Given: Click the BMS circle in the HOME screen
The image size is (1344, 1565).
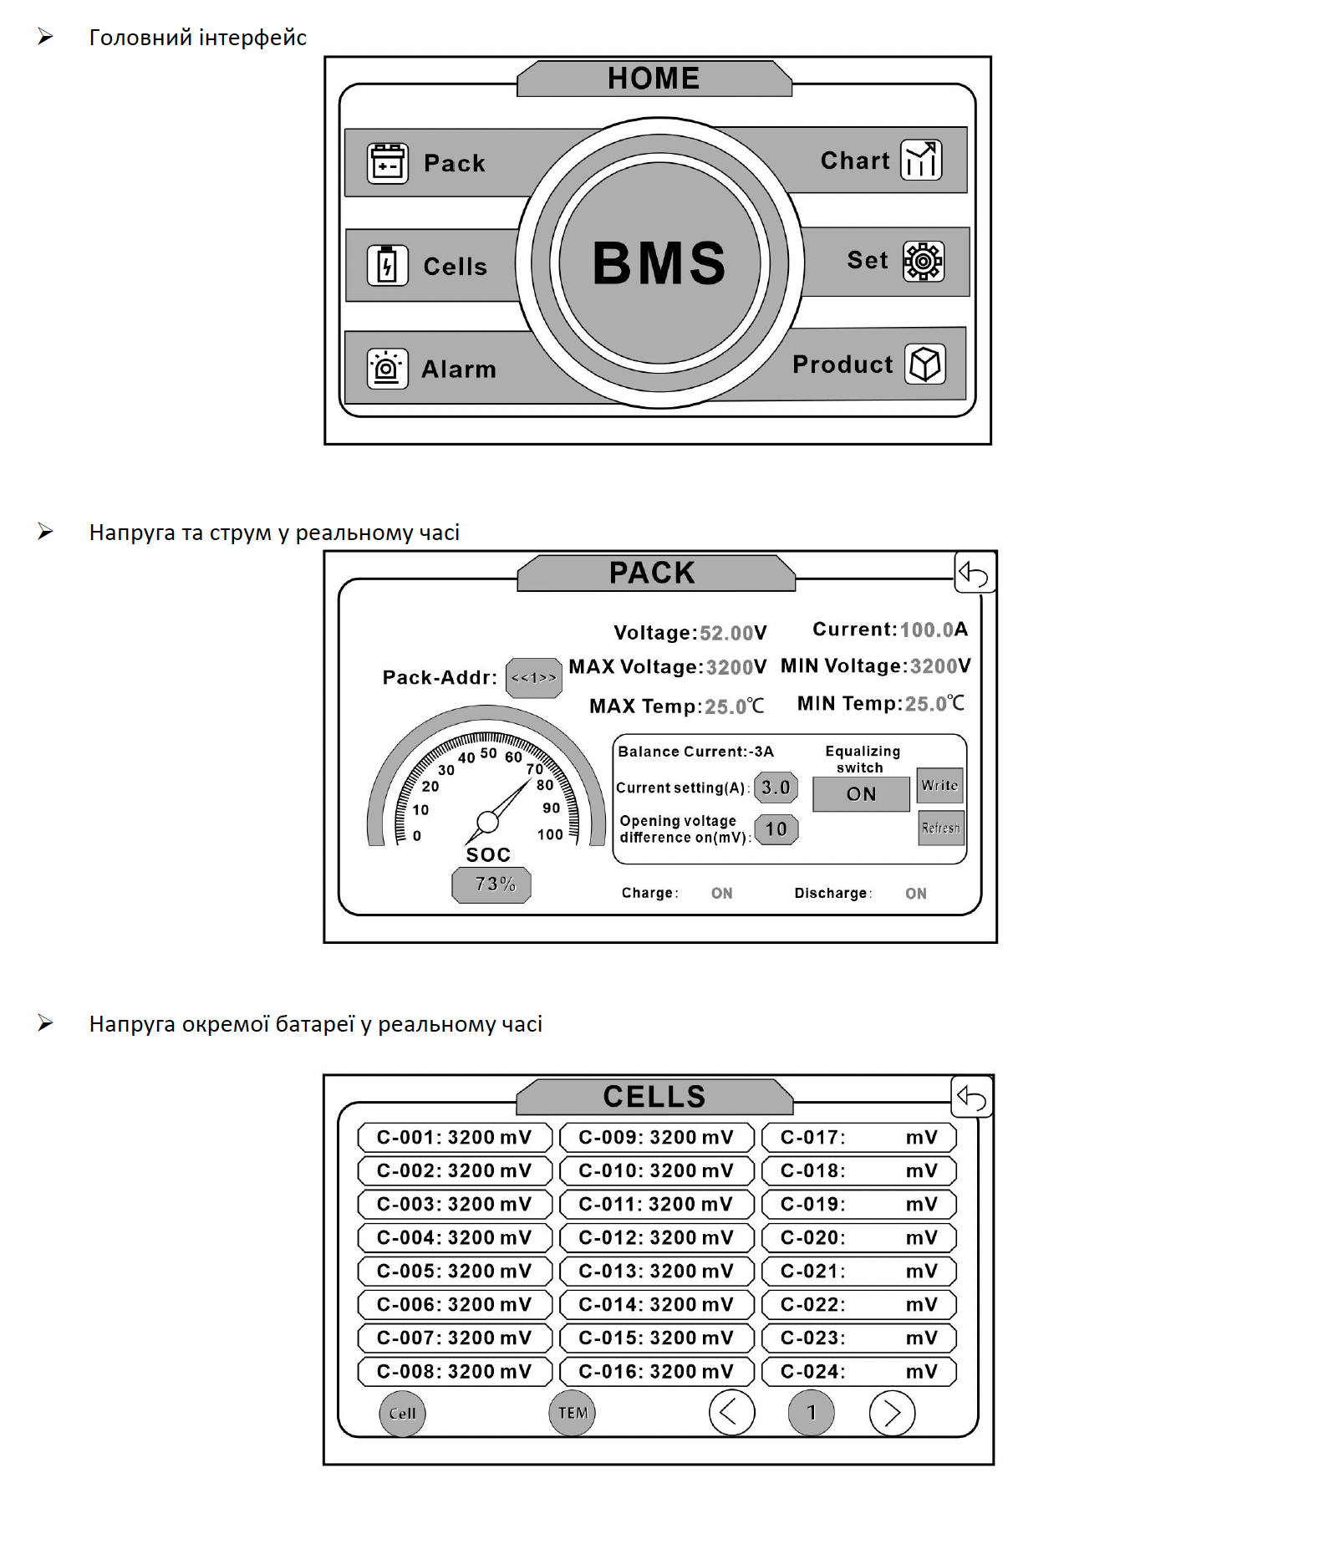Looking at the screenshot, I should (659, 263).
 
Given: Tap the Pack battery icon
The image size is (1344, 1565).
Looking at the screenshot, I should (387, 163).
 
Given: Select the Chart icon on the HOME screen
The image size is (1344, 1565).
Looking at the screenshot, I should (921, 160).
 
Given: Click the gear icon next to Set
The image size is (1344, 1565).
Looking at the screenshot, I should (924, 262).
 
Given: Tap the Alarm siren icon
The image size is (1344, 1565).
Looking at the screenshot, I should (387, 369).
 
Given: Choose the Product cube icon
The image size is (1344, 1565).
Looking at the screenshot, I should (925, 364).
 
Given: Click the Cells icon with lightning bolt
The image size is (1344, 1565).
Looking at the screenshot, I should (387, 266).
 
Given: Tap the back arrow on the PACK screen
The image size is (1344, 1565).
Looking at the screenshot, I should (975, 573).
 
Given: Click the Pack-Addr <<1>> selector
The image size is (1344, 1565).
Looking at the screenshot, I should (533, 678).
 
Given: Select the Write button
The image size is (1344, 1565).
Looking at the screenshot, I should (939, 786).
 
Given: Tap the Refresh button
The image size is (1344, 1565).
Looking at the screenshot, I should (940, 828).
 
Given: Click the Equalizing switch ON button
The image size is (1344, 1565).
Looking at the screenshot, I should (861, 794).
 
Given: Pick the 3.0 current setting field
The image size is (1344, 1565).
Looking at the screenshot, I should (776, 788).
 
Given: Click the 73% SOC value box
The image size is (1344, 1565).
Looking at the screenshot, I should (491, 884).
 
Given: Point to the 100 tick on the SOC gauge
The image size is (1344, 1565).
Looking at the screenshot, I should (550, 834).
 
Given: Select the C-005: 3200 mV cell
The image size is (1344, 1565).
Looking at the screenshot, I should (454, 1271).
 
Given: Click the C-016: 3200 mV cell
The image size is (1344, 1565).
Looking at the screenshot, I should (656, 1371).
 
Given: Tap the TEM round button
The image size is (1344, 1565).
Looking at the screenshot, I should (573, 1413).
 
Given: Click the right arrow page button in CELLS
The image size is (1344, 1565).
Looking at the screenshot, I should (892, 1413).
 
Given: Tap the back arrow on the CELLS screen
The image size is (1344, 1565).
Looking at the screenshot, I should (972, 1097).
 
